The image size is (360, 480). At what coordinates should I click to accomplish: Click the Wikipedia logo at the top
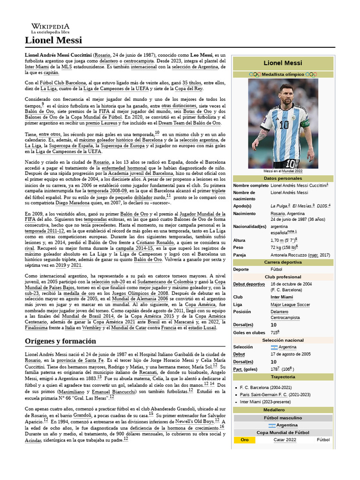click(50, 29)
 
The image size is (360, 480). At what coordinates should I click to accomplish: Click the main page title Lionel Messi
click(53, 40)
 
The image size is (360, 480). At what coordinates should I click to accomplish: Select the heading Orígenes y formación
click(60, 341)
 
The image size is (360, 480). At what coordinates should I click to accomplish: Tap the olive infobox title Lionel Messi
click(283, 62)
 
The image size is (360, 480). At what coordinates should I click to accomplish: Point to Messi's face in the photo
click(286, 92)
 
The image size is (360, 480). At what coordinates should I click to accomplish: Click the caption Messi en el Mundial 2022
click(283, 172)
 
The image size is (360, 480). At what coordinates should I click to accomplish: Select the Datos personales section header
click(283, 179)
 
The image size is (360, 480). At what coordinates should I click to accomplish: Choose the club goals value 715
click(274, 332)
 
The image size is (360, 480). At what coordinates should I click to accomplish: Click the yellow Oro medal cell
click(244, 440)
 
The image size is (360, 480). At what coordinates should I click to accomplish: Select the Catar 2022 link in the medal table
click(285, 440)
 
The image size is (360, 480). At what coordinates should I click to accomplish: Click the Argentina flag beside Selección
click(274, 347)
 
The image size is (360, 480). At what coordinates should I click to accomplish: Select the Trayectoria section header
click(283, 377)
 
